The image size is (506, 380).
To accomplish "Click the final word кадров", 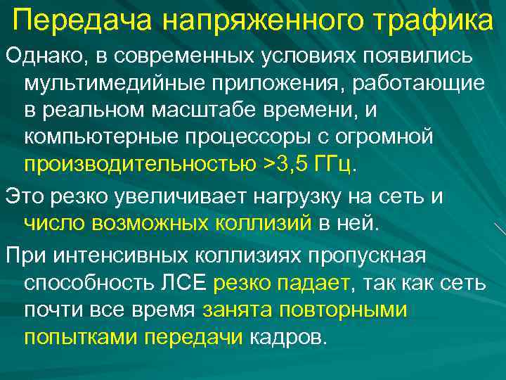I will [x=287, y=337].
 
